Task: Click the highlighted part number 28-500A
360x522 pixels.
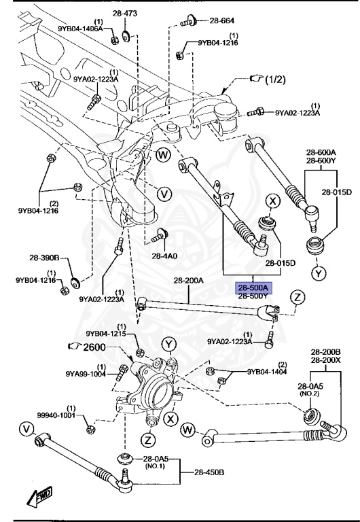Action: (x=253, y=288)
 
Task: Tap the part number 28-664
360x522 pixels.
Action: (x=219, y=20)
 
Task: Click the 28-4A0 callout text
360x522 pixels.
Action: (x=164, y=256)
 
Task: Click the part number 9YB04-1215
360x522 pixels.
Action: (x=107, y=333)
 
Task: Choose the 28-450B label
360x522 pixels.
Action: (x=212, y=472)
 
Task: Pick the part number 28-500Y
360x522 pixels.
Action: (x=253, y=296)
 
